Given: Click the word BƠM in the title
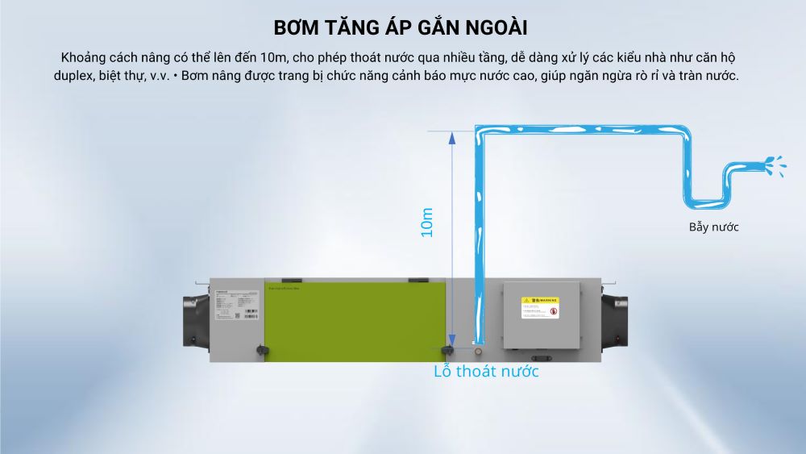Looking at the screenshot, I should (x=298, y=27).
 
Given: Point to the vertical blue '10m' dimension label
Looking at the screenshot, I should (x=427, y=222).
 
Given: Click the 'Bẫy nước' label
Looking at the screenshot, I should (x=713, y=227).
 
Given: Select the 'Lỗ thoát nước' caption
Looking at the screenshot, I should (x=486, y=371).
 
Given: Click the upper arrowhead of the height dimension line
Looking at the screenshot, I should (x=452, y=138).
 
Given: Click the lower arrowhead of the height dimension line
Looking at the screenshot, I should (x=452, y=339).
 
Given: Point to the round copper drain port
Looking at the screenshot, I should (x=480, y=351).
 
